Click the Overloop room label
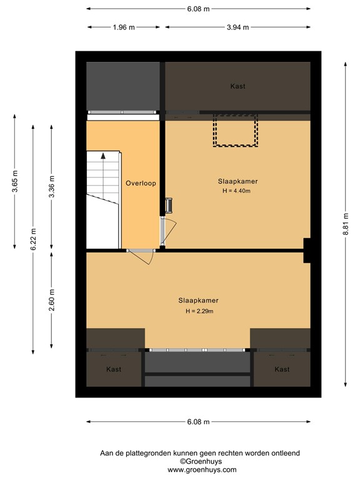coord(141,183)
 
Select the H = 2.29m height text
coord(198,311)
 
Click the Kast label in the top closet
coord(237,86)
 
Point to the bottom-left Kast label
coord(114,369)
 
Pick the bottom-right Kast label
coord(282,369)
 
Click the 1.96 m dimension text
coord(123,27)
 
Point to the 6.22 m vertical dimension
coord(34,238)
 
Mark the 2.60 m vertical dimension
coord(52,299)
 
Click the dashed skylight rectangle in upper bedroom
coord(236,131)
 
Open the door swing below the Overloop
coord(143,256)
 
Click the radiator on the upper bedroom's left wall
coord(168,206)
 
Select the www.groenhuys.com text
coord(201,469)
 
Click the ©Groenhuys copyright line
coord(201,461)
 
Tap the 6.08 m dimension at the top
coord(198,9)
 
